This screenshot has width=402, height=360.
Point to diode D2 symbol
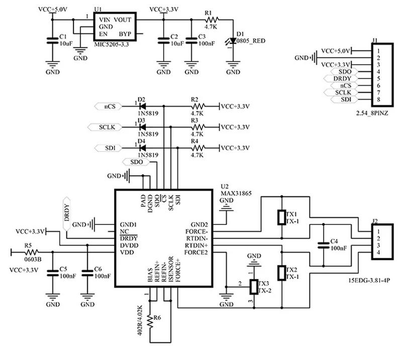click(142, 107)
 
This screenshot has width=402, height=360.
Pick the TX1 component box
click(281, 217)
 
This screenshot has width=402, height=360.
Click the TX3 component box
click(255, 287)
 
